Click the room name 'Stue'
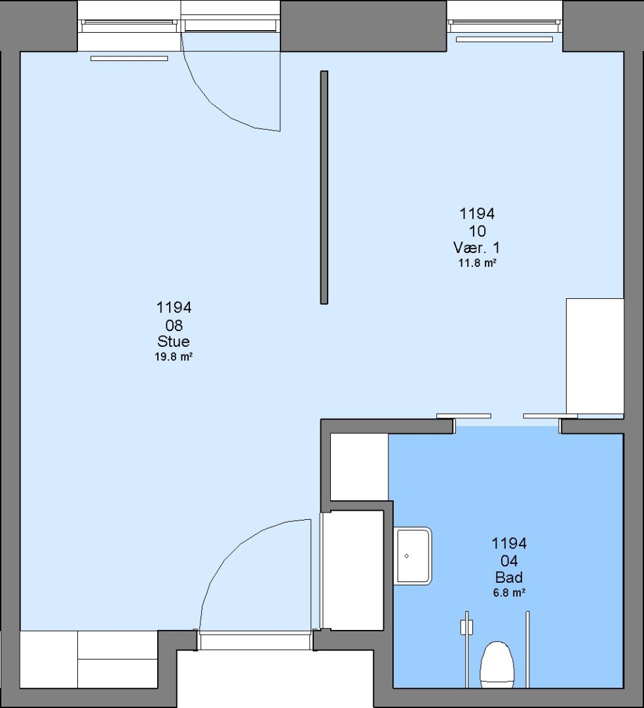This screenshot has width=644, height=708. [x=174, y=341]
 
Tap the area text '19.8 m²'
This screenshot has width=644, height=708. [x=174, y=357]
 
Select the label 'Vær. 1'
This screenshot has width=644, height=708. [x=476, y=247]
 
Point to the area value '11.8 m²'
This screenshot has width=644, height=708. [x=478, y=263]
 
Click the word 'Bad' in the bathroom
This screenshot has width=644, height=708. [x=509, y=577]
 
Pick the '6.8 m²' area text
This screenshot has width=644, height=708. [x=509, y=593]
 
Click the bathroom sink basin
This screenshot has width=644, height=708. [x=413, y=556]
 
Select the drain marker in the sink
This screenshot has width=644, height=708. [x=407, y=556]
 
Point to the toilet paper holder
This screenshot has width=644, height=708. [x=466, y=627]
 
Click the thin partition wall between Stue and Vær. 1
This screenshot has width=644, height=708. [x=324, y=187]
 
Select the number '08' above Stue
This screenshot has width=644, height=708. [x=174, y=325]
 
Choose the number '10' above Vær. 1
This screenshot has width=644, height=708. [x=478, y=231]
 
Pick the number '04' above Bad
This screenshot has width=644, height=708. [x=509, y=560]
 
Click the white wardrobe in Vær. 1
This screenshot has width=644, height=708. [x=595, y=356]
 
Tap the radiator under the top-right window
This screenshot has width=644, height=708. [x=504, y=39]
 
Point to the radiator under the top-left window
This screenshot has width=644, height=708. [x=129, y=58]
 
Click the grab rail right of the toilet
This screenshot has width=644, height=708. [x=527, y=649]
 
